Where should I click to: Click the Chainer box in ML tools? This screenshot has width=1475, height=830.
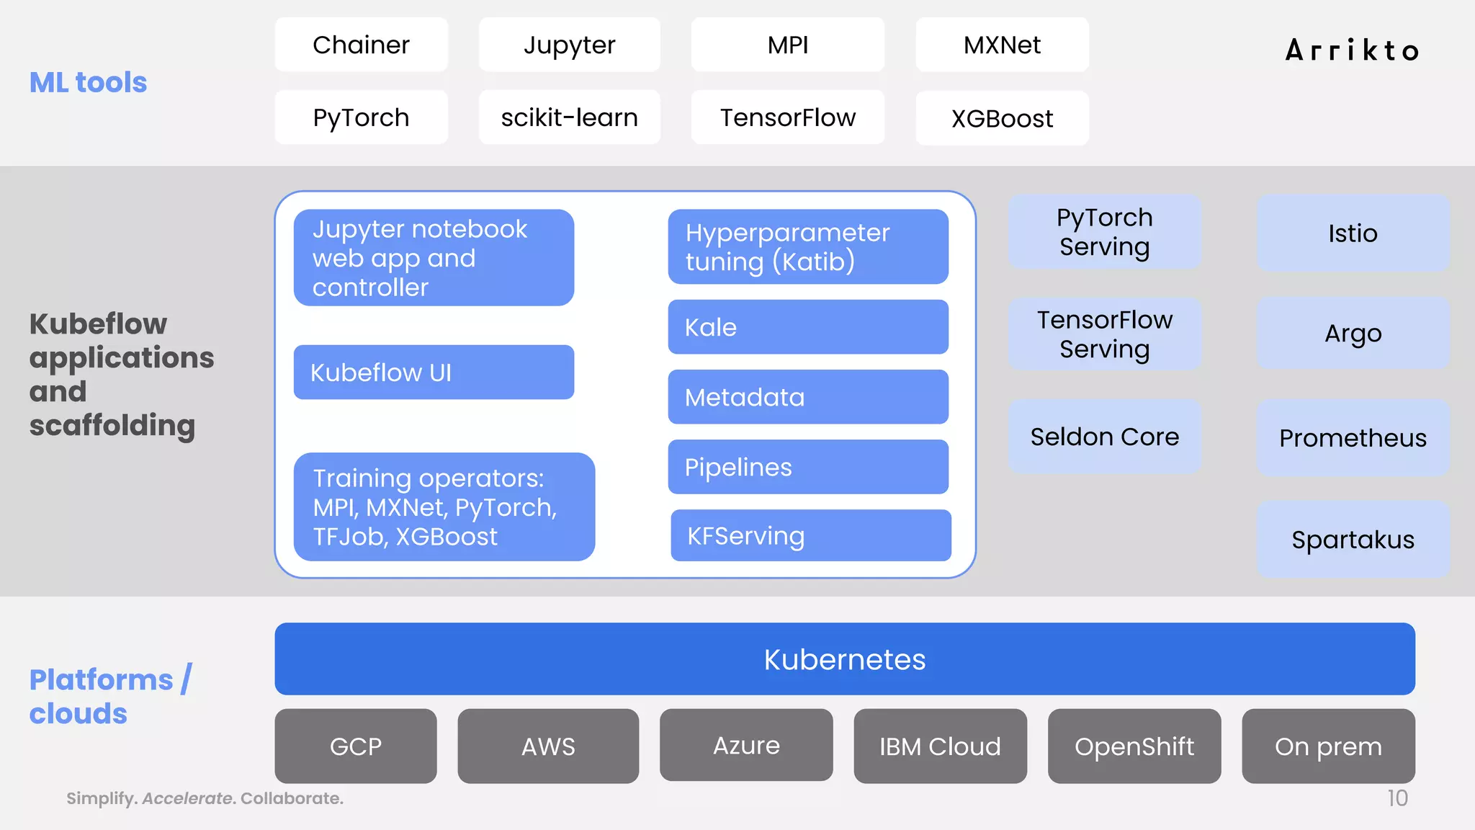pyautogui.click(x=361, y=45)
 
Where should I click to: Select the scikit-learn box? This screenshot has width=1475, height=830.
pyautogui.click(x=569, y=117)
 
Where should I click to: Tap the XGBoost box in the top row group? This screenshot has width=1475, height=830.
pyautogui.click(x=1002, y=118)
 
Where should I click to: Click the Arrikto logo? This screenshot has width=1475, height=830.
pyautogui.click(x=1353, y=50)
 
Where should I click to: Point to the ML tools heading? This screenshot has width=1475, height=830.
pyautogui.click(x=88, y=82)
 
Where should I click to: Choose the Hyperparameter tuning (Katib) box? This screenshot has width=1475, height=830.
pyautogui.click(x=807, y=246)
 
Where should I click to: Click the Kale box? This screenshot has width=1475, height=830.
pyautogui.click(x=807, y=327)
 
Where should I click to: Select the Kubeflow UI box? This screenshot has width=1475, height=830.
pyautogui.click(x=434, y=372)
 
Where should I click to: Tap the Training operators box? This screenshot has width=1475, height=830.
pyautogui.click(x=444, y=507)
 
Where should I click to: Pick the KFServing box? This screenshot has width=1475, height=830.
pyautogui.click(x=810, y=535)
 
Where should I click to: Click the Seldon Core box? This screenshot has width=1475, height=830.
pyautogui.click(x=1104, y=437)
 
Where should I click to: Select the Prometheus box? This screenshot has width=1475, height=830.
pyautogui.click(x=1353, y=438)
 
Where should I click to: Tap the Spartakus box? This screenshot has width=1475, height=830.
pyautogui.click(x=1353, y=540)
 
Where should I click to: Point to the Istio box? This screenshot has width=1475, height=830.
pyautogui.click(x=1353, y=233)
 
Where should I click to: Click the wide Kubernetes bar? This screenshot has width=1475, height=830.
pyautogui.click(x=844, y=659)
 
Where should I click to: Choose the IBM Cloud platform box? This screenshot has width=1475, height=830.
pyautogui.click(x=940, y=746)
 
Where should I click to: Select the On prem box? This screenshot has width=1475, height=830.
pyautogui.click(x=1328, y=746)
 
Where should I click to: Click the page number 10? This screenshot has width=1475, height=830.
pyautogui.click(x=1397, y=798)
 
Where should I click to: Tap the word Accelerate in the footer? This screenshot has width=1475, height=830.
pyautogui.click(x=187, y=798)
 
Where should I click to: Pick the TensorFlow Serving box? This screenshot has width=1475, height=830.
pyautogui.click(x=1104, y=334)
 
